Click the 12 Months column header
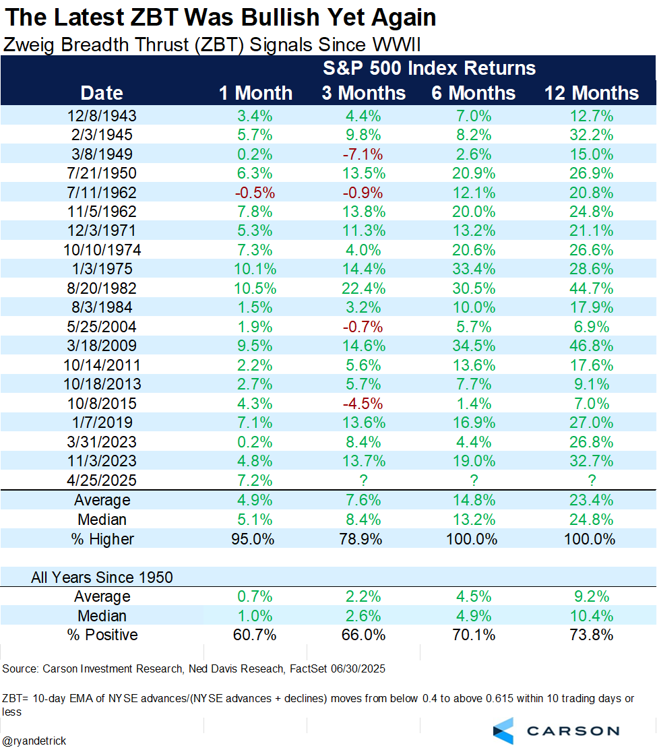pos(592,93)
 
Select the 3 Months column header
pos(364,93)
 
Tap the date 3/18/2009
pos(102,346)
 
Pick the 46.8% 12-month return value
pos(592,346)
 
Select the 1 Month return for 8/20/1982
pos(255,289)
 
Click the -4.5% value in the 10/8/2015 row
pos(364,404)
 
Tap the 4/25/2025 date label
pos(102,480)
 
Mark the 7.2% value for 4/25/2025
pos(255,480)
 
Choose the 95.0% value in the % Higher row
pos(255,539)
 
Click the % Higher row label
pos(102,539)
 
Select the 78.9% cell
pos(364,539)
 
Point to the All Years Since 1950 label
pos(102,577)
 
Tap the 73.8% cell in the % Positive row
pos(592,635)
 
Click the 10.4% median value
pos(592,616)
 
